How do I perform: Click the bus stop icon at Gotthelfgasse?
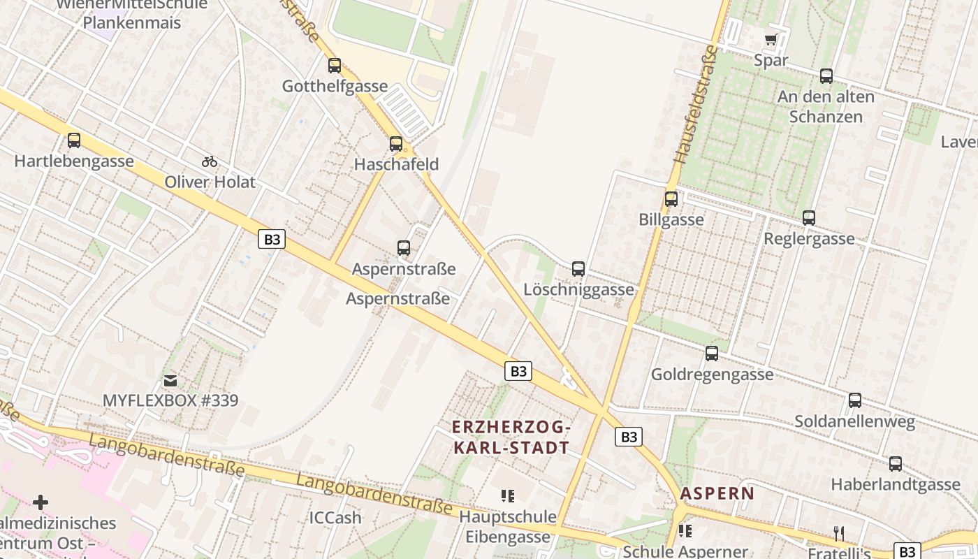[335, 66]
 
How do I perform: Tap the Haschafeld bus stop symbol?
[396, 144]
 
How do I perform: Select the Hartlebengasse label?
[74, 161]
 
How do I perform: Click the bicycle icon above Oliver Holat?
[210, 161]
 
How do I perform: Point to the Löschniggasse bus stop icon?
[578, 268]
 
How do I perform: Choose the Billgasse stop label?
[671, 219]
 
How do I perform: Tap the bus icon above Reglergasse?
[809, 218]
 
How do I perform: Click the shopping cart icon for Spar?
[771, 40]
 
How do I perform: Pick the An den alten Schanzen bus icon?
[826, 76]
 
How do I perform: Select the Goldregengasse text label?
[712, 375]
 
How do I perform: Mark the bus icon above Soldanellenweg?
[855, 400]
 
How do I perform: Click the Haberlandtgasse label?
[895, 484]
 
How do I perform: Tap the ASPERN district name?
[717, 493]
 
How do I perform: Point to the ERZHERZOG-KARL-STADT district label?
[511, 437]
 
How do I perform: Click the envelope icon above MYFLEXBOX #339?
[170, 381]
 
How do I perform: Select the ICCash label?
[335, 518]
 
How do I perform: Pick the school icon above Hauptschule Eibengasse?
[508, 496]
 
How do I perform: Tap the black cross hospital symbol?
[41, 502]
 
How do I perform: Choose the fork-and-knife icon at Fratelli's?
[838, 534]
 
